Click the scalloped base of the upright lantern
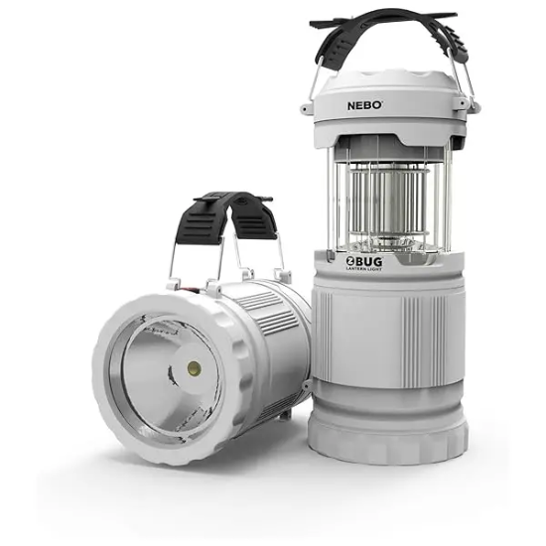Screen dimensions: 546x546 (387, 437)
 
